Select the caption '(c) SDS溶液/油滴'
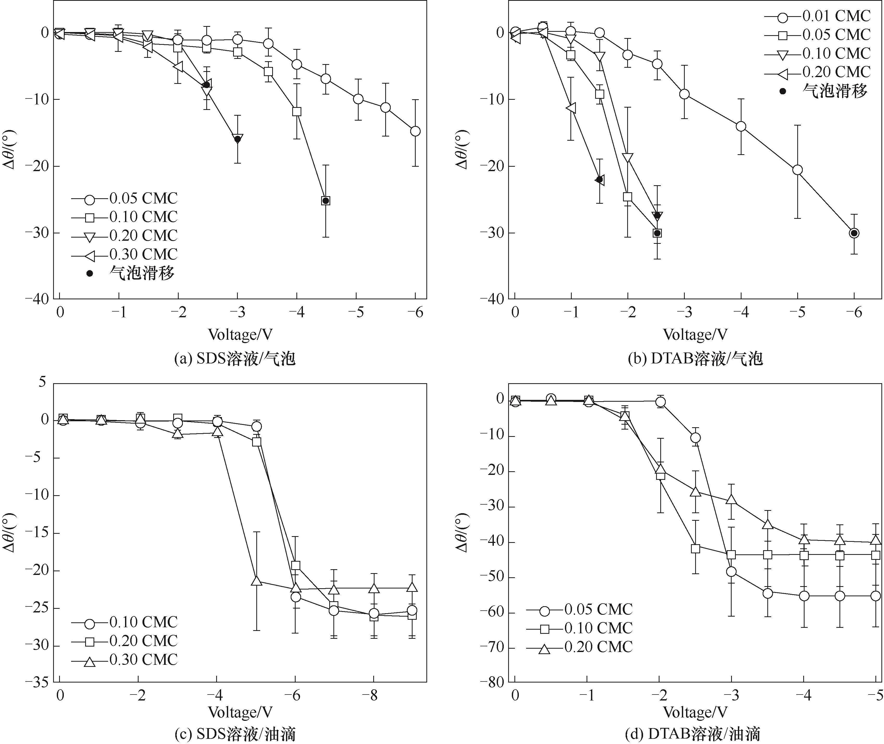click(235, 735)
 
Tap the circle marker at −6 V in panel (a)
click(415, 131)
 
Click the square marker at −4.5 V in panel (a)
click(325, 201)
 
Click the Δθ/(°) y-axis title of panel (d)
click(462, 533)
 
